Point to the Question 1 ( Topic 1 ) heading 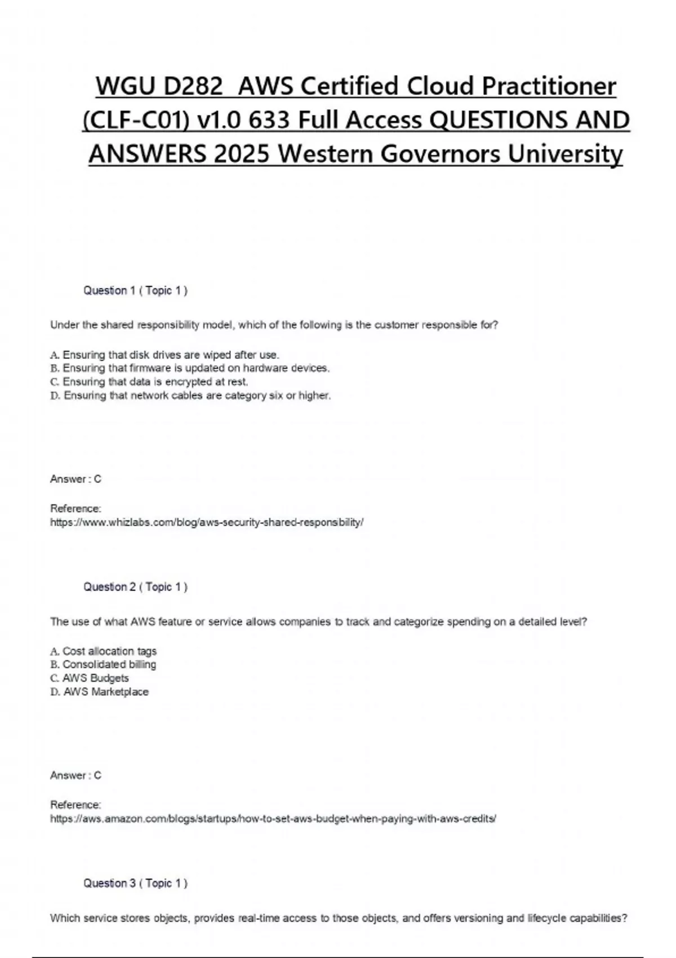coord(135,291)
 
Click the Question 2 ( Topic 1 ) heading coord(135,587)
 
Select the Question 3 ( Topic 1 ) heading coord(135,884)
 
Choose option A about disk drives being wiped coord(164,355)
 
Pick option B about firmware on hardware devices coord(190,369)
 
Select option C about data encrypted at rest coord(149,382)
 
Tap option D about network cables coord(190,396)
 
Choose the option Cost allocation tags coord(104,651)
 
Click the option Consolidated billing coord(103,665)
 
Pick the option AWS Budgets coord(90,678)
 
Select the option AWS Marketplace coord(99,692)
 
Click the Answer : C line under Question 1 coord(75,480)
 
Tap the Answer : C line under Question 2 coord(75,776)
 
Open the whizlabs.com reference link coord(207,523)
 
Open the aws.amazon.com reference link coord(273,819)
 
